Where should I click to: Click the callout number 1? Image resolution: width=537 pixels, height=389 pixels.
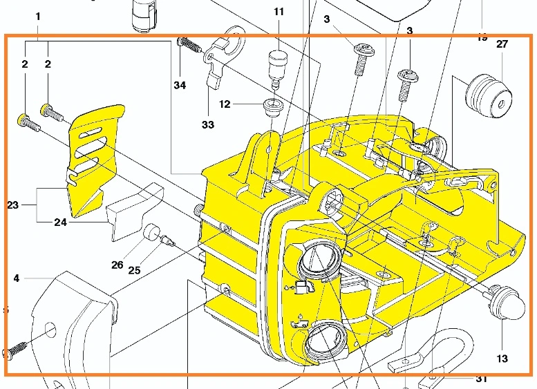pyautogui.click(x=37, y=15)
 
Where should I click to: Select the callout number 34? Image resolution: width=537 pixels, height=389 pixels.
pyautogui.click(x=180, y=86)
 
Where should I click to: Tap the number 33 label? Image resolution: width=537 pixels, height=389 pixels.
pyautogui.click(x=208, y=125)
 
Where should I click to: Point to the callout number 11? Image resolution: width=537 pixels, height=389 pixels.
pyautogui.click(x=279, y=12)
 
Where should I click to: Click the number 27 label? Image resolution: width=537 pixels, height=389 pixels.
pyautogui.click(x=502, y=44)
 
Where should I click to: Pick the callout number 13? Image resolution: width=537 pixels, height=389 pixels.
pyautogui.click(x=502, y=359)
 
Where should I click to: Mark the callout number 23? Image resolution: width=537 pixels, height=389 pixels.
pyautogui.click(x=13, y=205)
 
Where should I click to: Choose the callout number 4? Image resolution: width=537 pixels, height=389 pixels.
pyautogui.click(x=16, y=278)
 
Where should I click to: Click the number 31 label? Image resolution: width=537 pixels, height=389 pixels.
pyautogui.click(x=481, y=379)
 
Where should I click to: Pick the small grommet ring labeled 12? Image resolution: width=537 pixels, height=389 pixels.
pyautogui.click(x=273, y=106)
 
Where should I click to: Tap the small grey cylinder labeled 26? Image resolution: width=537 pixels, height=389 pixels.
pyautogui.click(x=151, y=234)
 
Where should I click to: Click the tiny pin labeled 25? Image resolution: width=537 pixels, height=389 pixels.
pyautogui.click(x=167, y=240)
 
